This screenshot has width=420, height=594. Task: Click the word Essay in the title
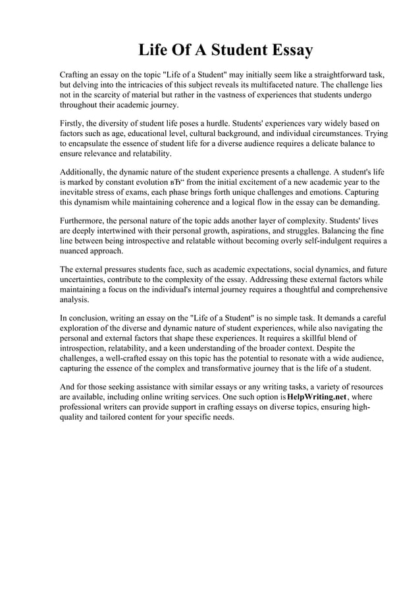point(287,50)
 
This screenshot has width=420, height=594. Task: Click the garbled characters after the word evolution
point(178,182)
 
